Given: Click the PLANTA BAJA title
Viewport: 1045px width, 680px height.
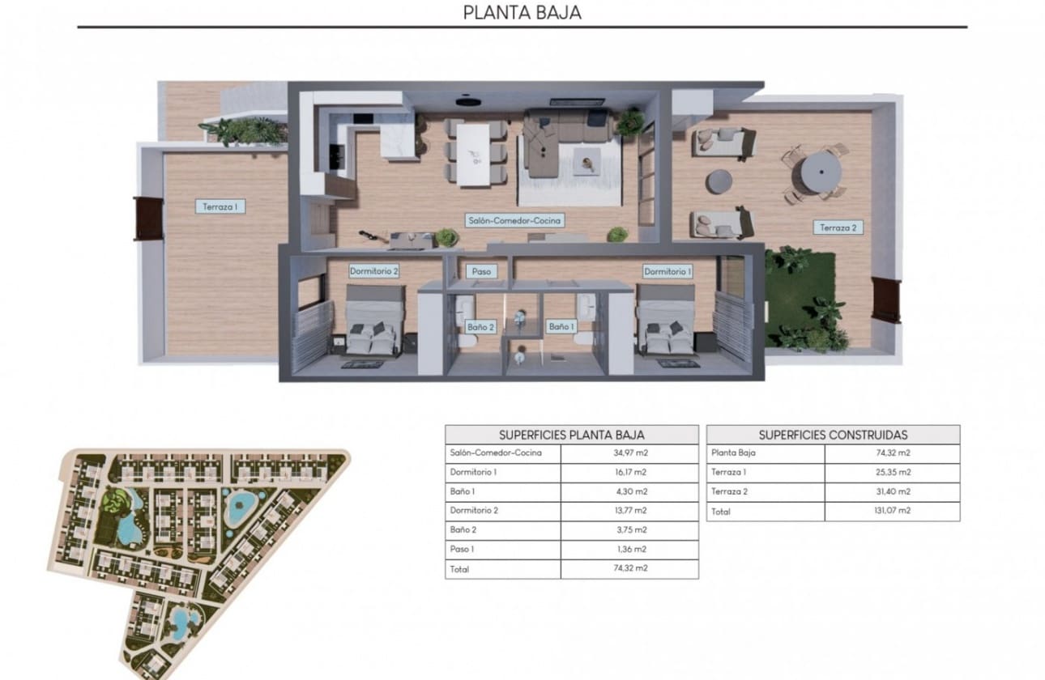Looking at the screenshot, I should [x=522, y=13].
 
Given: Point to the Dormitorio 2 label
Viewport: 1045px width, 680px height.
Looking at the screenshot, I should [x=373, y=271].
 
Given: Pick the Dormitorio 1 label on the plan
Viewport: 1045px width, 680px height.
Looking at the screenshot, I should [x=668, y=271].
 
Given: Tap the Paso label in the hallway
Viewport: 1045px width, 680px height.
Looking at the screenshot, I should [x=480, y=272].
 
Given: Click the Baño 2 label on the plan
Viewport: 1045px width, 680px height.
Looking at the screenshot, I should [x=480, y=327].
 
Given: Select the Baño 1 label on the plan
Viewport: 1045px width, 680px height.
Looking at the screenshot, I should [x=561, y=327].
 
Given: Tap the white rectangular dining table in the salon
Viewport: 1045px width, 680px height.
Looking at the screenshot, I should [x=474, y=153].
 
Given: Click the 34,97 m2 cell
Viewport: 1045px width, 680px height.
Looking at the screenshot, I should [x=629, y=453].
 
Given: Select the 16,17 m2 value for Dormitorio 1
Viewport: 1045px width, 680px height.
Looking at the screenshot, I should [x=629, y=472].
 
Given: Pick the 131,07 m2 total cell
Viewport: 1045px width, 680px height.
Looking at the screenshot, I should [x=891, y=512].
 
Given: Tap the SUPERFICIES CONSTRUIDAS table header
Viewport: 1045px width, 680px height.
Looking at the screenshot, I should [x=833, y=435].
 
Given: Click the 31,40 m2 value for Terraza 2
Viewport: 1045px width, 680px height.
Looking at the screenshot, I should [x=891, y=491].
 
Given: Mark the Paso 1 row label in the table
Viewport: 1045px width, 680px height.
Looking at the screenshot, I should [x=462, y=550].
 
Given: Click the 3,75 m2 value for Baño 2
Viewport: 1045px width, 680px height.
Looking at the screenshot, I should [x=629, y=530].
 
